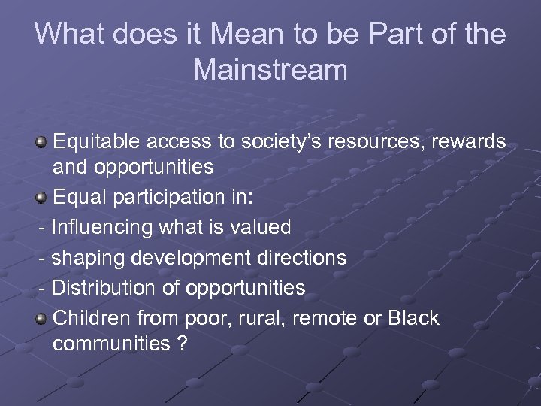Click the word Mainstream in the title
pos(270,70)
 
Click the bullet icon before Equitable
pos(43,142)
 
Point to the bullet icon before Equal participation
pos(43,198)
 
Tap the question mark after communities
pos(183,344)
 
